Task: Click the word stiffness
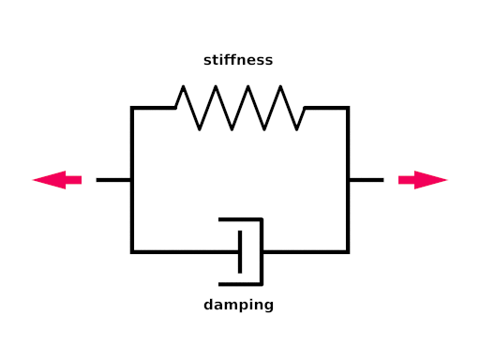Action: click(238, 60)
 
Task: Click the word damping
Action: click(238, 305)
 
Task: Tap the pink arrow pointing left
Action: click(57, 180)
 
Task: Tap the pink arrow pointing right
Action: click(423, 180)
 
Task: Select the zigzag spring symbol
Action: click(240, 108)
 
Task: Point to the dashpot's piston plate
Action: click(240, 252)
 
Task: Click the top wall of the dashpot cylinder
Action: click(241, 219)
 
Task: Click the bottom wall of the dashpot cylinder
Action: click(241, 284)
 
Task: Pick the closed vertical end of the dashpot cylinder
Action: click(262, 252)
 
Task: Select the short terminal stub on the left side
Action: click(113, 180)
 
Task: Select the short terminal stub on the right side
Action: click(367, 180)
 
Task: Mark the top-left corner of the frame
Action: click(132, 108)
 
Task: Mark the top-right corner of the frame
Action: click(348, 108)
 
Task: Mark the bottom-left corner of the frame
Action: click(132, 252)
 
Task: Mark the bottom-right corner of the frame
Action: click(348, 252)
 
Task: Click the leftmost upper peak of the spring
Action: click(183, 86)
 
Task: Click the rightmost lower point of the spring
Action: click(296, 129)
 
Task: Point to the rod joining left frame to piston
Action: click(186, 252)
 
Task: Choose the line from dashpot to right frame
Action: click(305, 252)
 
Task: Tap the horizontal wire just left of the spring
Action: click(154, 108)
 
